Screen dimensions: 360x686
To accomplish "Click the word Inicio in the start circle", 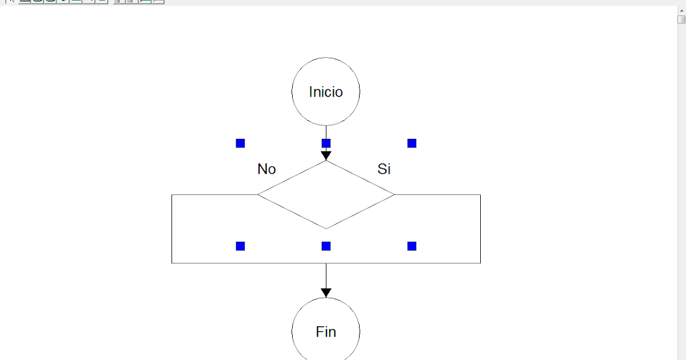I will point(326,92).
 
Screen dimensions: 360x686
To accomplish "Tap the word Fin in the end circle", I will point(326,332).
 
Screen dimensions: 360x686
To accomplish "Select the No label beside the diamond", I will point(266,169).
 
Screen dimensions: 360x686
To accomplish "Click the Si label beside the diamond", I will point(384,169).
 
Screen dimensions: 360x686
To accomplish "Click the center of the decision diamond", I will point(326,195).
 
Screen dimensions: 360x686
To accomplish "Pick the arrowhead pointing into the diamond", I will point(326,155).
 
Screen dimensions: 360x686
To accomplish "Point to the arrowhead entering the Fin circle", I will point(326,293).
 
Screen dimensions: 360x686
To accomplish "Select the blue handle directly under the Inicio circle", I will point(326,143).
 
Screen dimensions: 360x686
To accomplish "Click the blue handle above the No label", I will point(240,143).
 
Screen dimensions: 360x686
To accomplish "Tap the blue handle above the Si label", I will point(412,143).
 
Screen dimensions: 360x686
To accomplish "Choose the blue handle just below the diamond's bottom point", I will point(326,246).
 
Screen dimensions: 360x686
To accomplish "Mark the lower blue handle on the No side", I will point(240,246).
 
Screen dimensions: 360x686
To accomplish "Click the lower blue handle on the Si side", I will point(412,246).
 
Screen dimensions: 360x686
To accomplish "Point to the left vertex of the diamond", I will point(258,195).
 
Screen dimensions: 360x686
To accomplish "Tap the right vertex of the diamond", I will point(394,195).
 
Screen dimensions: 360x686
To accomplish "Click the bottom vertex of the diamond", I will point(326,229).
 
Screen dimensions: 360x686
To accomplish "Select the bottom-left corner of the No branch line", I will point(172,263).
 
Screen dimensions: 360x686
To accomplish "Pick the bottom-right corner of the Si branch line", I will point(480,263).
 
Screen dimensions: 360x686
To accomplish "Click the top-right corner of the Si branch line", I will point(480,195).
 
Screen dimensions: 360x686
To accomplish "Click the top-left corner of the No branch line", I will point(172,195).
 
